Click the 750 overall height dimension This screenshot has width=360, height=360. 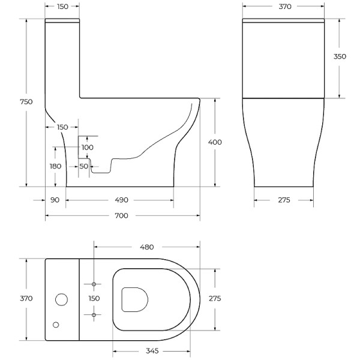(26, 102)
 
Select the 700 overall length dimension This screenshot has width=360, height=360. (122, 215)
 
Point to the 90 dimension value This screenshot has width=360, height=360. (55, 200)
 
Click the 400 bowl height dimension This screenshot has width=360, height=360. (214, 142)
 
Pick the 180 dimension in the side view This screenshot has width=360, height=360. (55, 166)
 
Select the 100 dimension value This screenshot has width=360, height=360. (88, 148)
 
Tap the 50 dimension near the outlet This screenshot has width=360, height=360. (83, 166)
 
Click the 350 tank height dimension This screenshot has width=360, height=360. (340, 56)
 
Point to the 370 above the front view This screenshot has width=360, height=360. (284, 7)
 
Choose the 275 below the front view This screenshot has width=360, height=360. (284, 200)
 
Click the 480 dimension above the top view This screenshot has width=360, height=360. (147, 247)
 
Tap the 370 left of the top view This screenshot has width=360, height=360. (26, 298)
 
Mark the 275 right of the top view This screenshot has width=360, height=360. (214, 298)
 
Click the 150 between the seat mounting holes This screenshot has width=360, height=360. (95, 298)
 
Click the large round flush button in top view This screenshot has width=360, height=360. (61, 299)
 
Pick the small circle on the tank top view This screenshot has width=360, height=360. (56, 325)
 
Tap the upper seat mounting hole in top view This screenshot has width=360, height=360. (95, 284)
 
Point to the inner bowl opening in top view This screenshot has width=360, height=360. (134, 299)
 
